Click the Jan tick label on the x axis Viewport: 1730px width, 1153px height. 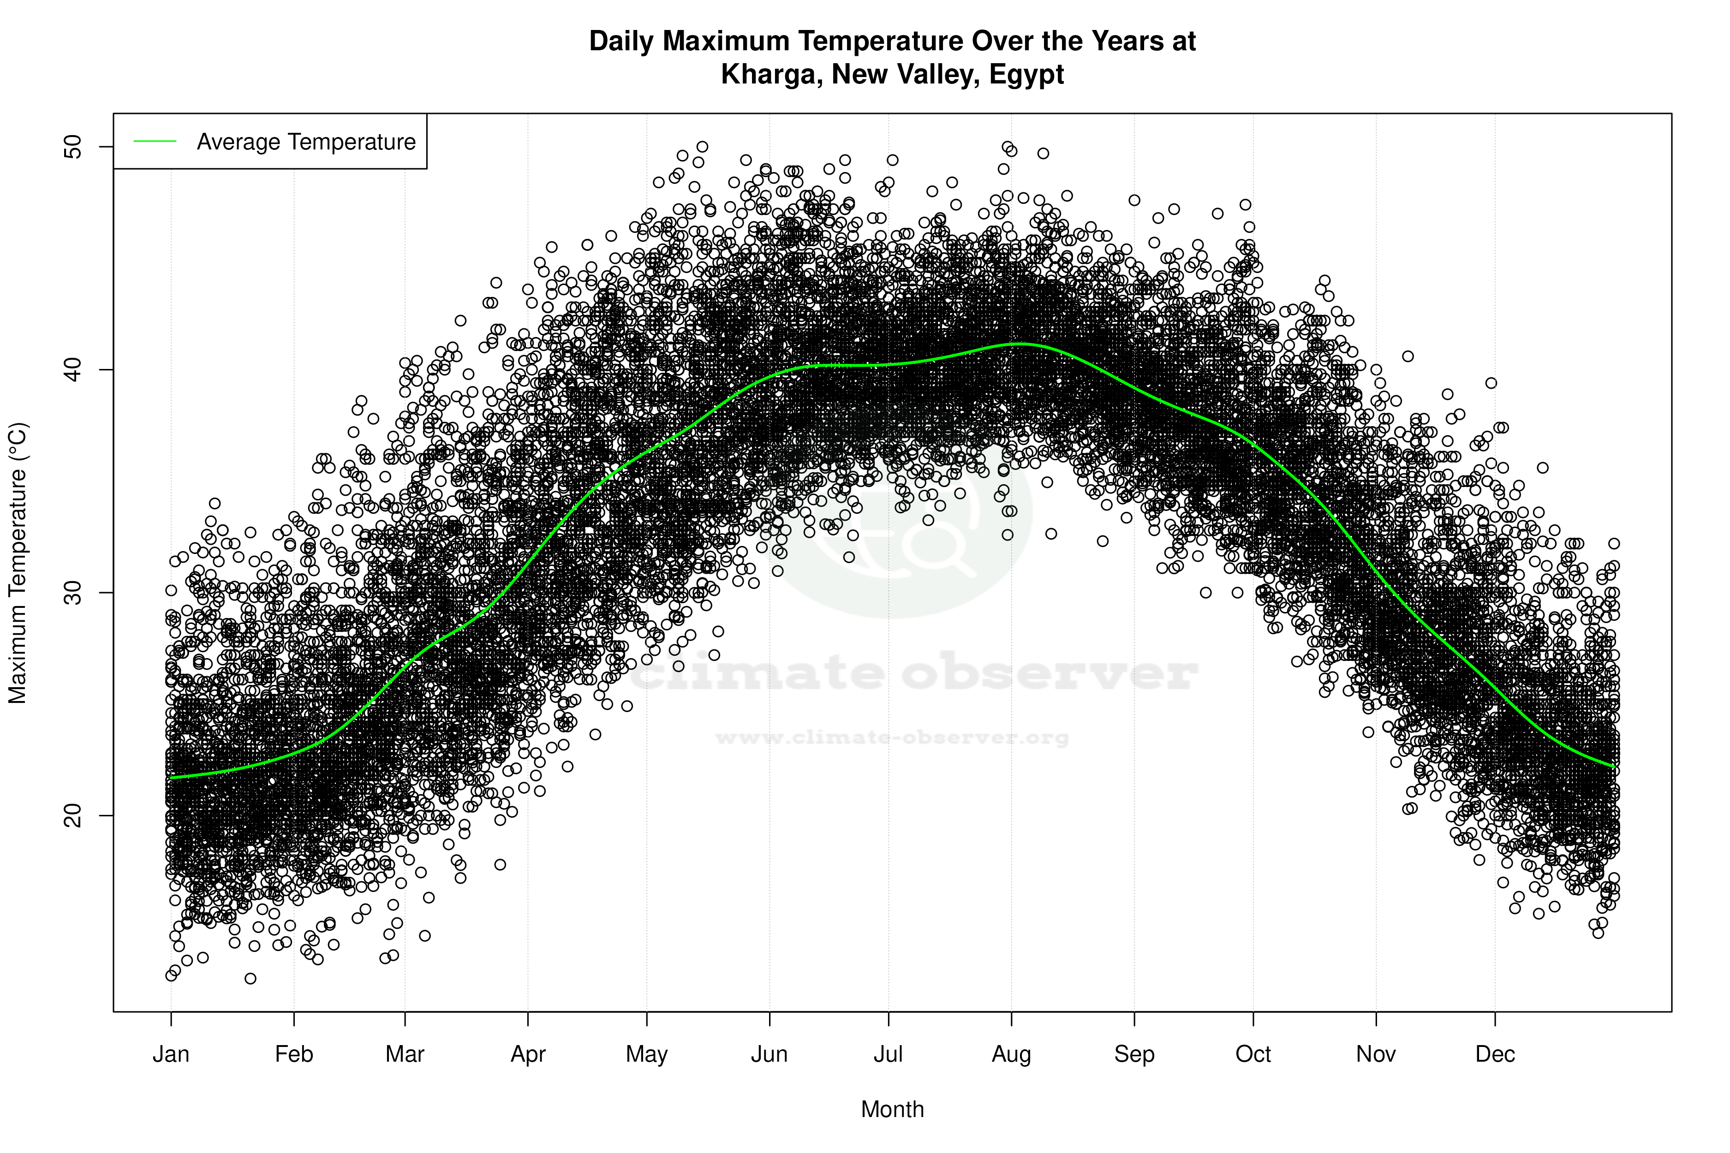pos(171,1054)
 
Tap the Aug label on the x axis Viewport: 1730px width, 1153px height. pos(1011,1054)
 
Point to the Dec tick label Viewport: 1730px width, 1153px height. pos(1495,1054)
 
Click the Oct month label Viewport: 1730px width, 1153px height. pos(1253,1054)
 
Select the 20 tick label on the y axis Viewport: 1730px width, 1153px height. pos(73,815)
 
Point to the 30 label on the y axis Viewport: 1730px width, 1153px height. pos(73,593)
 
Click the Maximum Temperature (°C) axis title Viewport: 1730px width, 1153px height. pos(18,563)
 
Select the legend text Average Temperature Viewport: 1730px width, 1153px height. pos(306,142)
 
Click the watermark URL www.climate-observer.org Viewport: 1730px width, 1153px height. pos(891,737)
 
